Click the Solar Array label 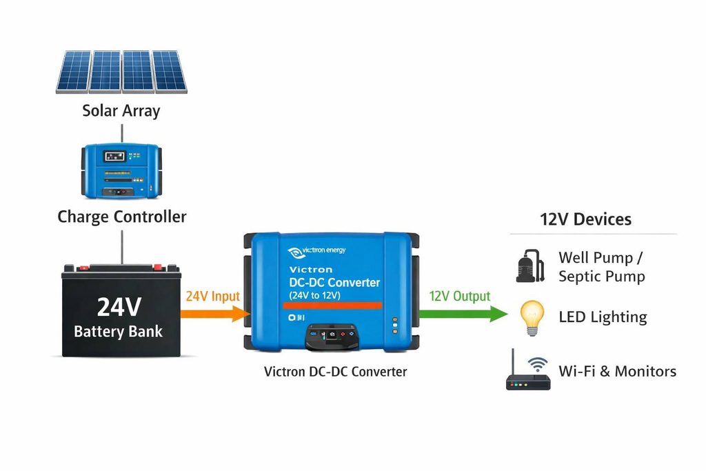[121, 111]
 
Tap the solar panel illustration [121, 72]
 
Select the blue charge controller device [121, 171]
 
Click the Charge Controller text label [121, 217]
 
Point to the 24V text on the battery [119, 307]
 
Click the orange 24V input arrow [215, 314]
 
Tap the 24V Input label [212, 297]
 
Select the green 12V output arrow [463, 314]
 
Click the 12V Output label [459, 297]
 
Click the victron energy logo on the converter [316, 252]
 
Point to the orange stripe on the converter [332, 305]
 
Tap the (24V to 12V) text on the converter [314, 295]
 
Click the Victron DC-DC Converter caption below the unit [336, 372]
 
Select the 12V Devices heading [585, 219]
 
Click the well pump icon [530, 266]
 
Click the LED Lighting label [603, 317]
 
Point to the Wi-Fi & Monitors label [617, 371]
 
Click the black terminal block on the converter [332, 336]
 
